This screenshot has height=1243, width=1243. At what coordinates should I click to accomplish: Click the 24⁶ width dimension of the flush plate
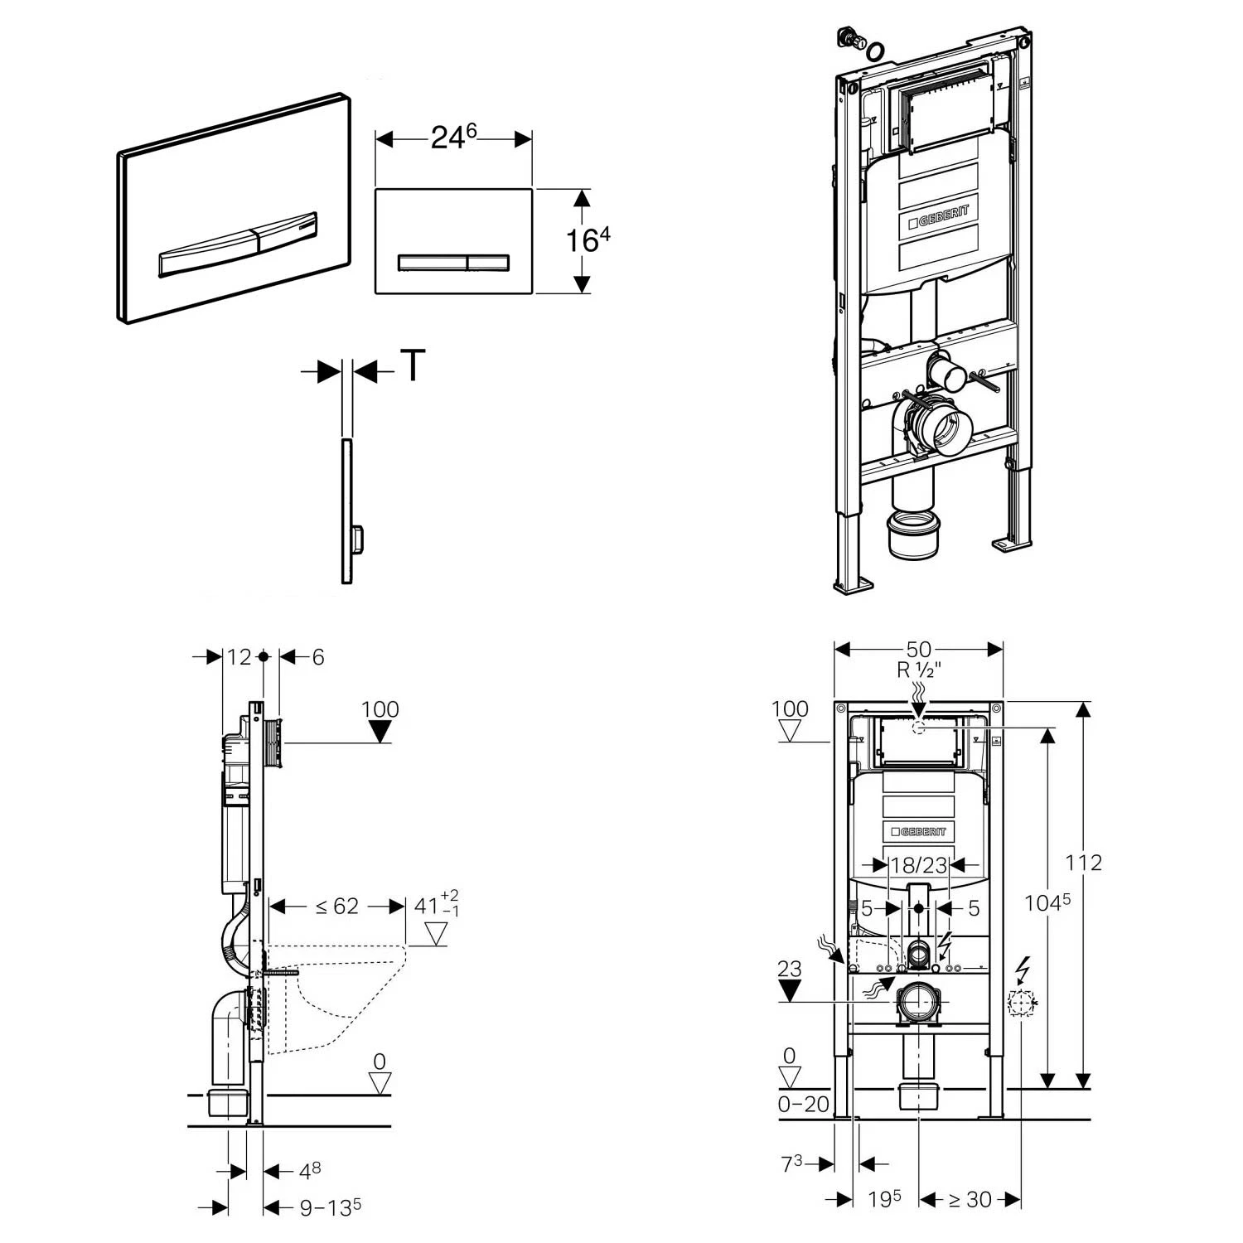click(x=453, y=138)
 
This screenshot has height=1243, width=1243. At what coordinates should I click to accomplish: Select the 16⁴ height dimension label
click(x=588, y=240)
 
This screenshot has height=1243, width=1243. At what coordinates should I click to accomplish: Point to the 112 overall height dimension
click(x=1084, y=863)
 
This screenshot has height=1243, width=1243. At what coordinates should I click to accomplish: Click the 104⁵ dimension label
click(x=1048, y=902)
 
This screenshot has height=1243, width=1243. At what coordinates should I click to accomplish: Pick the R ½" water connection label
click(x=918, y=670)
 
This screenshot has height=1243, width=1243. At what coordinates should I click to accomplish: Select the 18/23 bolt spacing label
click(x=918, y=865)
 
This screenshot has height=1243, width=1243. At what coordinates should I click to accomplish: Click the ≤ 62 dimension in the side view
click(x=337, y=907)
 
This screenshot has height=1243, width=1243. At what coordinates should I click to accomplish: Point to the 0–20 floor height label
click(x=804, y=1104)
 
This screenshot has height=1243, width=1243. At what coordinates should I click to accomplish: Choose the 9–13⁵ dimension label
click(x=330, y=1207)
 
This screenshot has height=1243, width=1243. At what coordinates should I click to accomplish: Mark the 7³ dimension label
click(x=791, y=1163)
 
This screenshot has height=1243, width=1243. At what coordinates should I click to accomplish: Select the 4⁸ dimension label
click(x=309, y=1170)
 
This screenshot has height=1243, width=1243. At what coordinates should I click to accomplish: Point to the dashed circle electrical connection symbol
click(x=1021, y=1004)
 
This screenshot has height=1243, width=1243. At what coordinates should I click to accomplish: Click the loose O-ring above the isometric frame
click(x=875, y=51)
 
